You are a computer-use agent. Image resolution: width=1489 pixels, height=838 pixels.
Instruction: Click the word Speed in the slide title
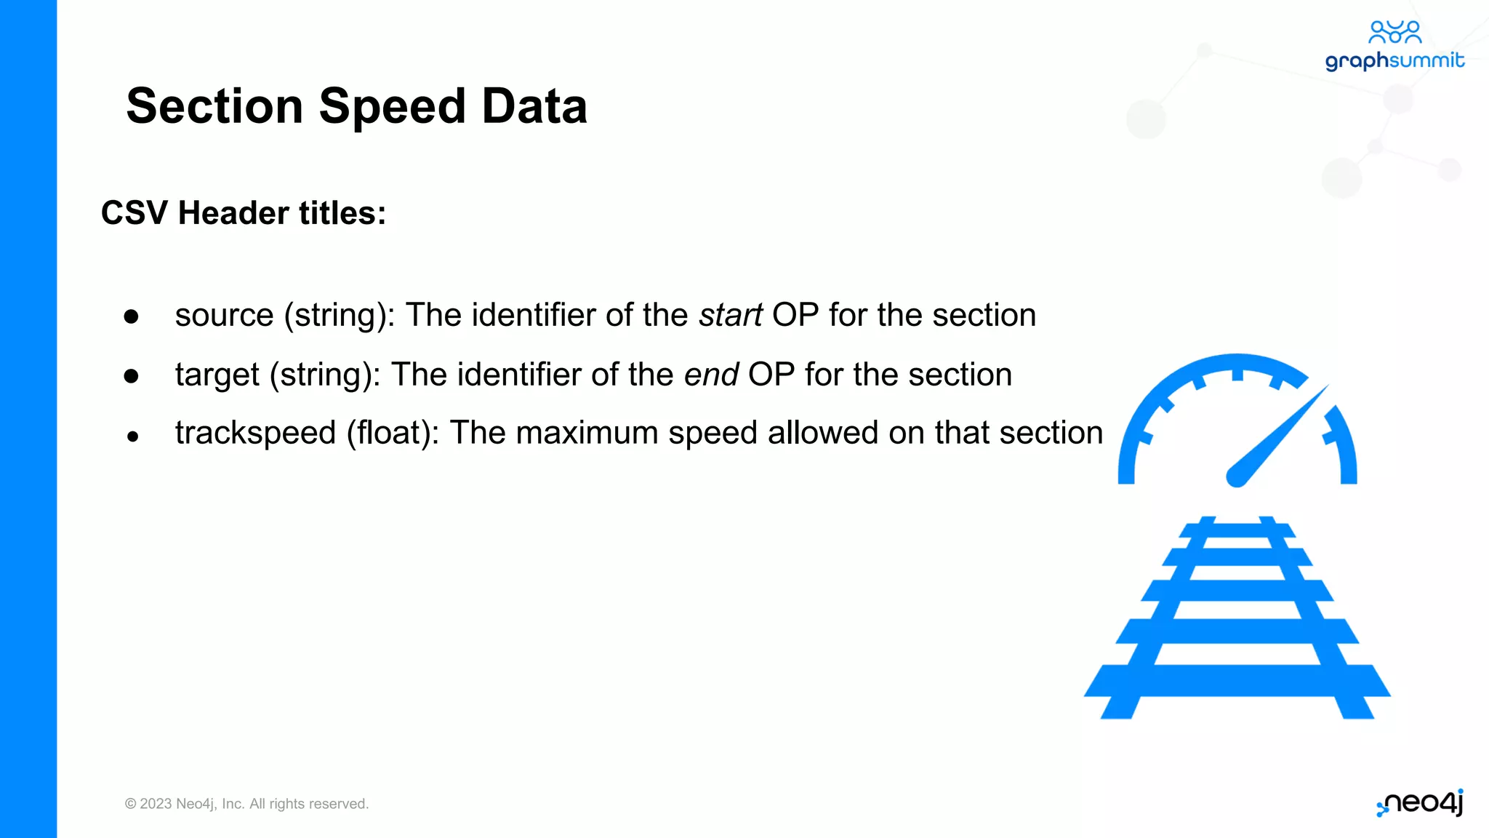(x=392, y=107)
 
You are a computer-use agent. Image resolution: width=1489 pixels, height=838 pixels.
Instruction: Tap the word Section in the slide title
(x=214, y=106)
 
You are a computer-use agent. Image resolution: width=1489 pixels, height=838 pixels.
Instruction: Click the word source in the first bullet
(x=224, y=316)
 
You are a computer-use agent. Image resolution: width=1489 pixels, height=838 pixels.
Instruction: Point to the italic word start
(x=731, y=316)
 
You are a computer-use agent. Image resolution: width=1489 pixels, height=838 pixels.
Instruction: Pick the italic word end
(x=711, y=375)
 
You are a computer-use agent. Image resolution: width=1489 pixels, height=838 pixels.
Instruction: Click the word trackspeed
(x=255, y=434)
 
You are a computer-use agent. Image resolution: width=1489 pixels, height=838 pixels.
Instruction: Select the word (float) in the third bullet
(x=393, y=434)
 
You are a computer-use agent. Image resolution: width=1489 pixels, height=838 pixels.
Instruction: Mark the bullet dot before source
(x=131, y=316)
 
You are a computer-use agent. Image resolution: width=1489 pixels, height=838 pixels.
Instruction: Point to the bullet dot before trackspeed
(x=132, y=436)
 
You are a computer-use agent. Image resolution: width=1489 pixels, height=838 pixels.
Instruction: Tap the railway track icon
(x=1237, y=618)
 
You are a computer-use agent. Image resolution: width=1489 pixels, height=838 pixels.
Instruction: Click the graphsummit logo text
(x=1394, y=60)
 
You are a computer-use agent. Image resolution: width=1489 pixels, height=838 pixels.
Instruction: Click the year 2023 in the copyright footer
(x=156, y=804)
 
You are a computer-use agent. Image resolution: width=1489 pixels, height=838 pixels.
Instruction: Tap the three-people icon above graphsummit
(x=1394, y=32)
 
